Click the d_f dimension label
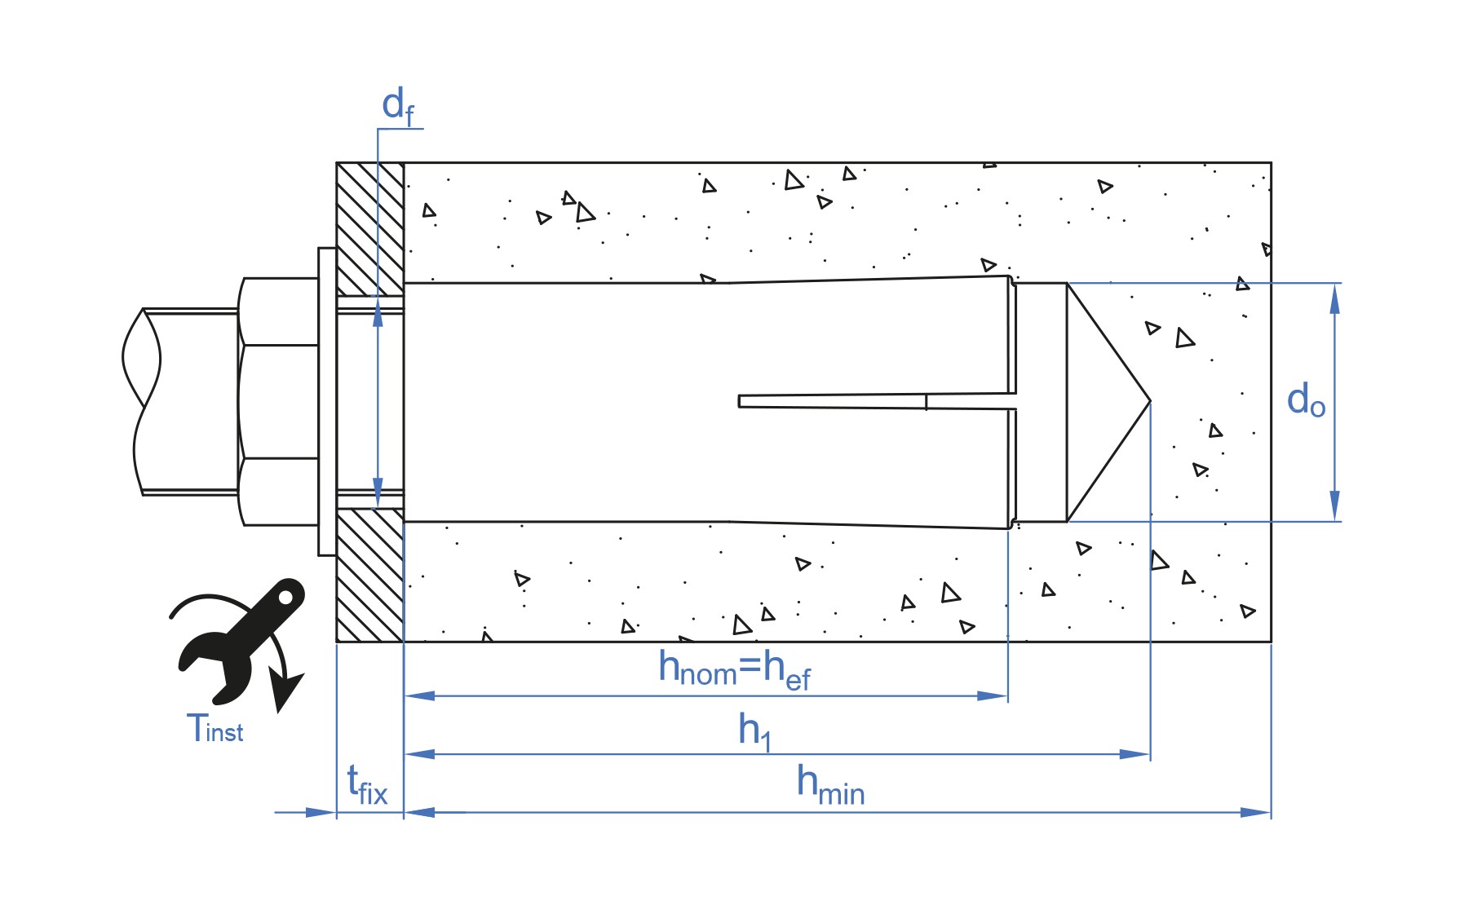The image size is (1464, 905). (x=398, y=107)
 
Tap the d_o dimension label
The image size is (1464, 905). (x=1306, y=400)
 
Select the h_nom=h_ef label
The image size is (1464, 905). (x=734, y=670)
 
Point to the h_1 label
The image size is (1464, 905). (x=754, y=731)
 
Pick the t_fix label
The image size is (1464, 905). (x=367, y=785)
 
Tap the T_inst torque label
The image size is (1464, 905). (x=215, y=727)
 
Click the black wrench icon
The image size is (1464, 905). (x=241, y=641)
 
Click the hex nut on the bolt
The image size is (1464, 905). (x=278, y=401)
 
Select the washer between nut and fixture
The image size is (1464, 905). (x=327, y=401)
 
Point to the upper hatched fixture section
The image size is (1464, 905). (x=370, y=229)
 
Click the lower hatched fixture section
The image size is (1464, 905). (x=370, y=575)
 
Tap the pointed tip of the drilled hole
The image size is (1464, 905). (x=1150, y=401)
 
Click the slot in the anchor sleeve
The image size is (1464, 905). (x=877, y=401)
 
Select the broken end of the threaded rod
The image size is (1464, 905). (x=140, y=401)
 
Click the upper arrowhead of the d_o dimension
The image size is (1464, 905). (x=1334, y=298)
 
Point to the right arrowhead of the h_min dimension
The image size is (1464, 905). (x=1255, y=812)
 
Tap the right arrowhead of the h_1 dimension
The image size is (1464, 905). (x=1134, y=754)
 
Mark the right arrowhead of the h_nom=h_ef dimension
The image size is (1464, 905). (x=993, y=696)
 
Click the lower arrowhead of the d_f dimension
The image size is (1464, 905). (x=378, y=492)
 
